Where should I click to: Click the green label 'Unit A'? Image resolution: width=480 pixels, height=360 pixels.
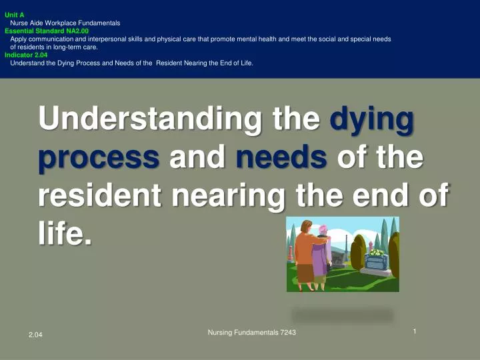pos(15,14)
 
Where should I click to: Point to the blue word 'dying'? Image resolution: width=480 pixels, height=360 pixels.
pos(372,120)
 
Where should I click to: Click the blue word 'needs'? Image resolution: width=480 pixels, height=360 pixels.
pos(281,158)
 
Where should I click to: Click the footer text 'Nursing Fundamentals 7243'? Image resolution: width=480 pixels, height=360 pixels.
pos(252,332)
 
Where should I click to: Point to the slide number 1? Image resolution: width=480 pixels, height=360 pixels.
pos(415,331)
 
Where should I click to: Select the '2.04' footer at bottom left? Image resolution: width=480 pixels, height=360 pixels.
pos(35,342)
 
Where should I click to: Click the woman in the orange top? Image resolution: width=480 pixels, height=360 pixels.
pos(306,253)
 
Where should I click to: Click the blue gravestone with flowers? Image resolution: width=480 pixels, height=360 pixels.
pos(377,262)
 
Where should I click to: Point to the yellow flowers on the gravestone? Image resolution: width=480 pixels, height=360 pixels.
pos(377,253)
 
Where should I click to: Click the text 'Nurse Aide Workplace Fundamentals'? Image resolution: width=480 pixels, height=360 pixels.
pos(65,23)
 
